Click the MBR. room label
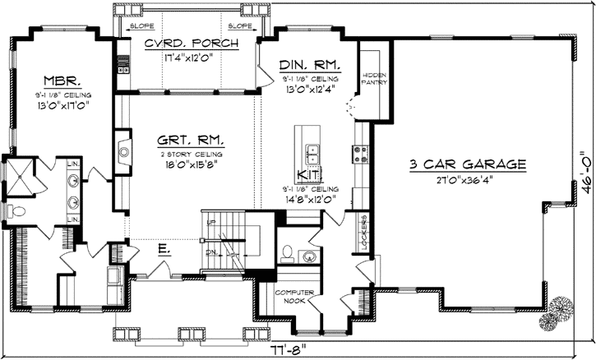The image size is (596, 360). click(61, 82)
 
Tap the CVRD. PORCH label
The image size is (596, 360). click(192, 44)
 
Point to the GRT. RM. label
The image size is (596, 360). click(191, 141)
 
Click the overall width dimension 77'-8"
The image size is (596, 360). click(294, 348)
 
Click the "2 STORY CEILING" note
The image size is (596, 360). click(192, 153)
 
